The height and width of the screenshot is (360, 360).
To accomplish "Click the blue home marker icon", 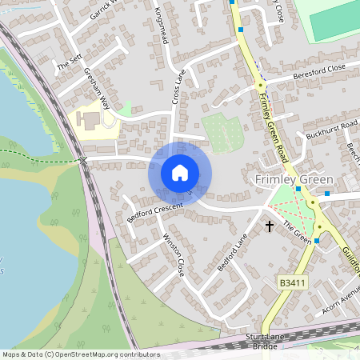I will (180, 173).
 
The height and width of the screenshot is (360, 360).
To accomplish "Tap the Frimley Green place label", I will (293, 179).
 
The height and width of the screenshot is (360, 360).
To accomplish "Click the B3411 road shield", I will (294, 283).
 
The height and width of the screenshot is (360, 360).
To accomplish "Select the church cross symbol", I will (270, 226).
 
